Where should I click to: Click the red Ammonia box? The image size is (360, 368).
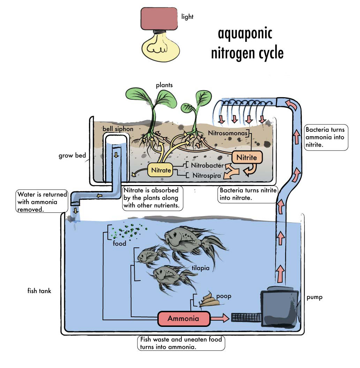coord(183,318)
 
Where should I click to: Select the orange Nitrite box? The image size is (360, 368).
coord(247,158)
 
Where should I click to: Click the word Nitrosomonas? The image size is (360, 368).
coord(228,133)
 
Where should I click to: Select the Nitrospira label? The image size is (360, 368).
coord(207,176)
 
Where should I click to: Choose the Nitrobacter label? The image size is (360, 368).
coord(205,165)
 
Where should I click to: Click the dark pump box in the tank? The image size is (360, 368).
coord(279,307)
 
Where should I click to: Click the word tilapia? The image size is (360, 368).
coord(201,268)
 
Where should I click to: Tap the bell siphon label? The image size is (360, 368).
coord(118,129)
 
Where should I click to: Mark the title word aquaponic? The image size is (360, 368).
coord(245,34)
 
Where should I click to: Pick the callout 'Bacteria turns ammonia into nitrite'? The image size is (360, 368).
coord(325,137)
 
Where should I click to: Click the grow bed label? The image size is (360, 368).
coord(72,155)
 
